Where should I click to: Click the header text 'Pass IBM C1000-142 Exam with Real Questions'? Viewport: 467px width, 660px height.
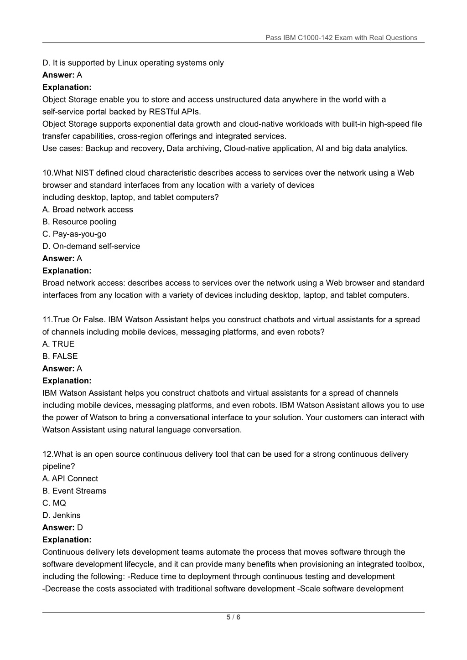pos(341,38)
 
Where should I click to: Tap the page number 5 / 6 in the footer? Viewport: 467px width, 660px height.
pos(233,618)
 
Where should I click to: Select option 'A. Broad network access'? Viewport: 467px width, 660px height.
pos(88,210)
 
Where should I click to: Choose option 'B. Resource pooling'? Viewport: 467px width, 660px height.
pos(79,222)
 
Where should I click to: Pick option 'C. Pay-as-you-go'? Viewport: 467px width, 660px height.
pos(74,234)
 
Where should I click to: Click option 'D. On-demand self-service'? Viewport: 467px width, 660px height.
pos(91,246)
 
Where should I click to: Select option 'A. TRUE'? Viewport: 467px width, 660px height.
pos(58,344)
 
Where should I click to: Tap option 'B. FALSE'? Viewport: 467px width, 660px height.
pos(60,356)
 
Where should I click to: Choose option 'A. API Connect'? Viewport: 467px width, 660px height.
pos(70,479)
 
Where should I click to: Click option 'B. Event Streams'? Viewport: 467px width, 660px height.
pos(74,491)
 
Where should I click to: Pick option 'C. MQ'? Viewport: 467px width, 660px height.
pos(54,503)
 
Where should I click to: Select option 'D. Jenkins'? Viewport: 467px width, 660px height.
pos(62,516)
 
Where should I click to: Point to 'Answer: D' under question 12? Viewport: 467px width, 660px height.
pos(62,528)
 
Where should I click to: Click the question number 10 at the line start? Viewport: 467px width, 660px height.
pos(47,173)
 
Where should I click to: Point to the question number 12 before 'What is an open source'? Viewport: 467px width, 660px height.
pos(47,454)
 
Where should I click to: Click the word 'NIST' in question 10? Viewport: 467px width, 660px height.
pos(84,173)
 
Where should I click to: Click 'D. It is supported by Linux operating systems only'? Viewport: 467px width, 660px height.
pos(133,63)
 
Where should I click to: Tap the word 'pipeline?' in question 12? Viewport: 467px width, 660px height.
pos(59,466)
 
